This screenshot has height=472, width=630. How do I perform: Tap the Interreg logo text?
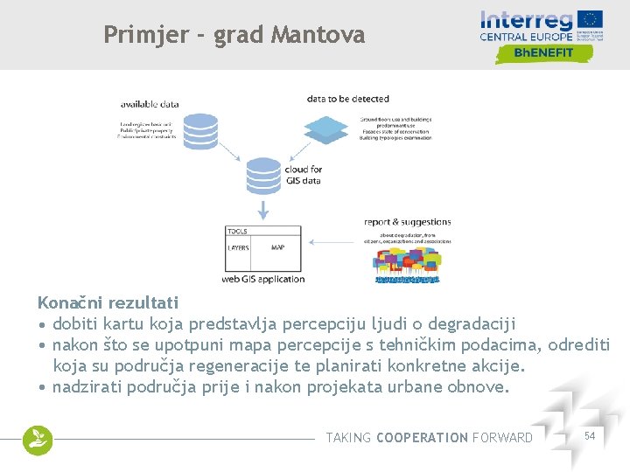pos(527,19)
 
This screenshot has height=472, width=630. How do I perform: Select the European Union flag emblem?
pos(591,19)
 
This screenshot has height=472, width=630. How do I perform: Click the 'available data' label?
pos(150,104)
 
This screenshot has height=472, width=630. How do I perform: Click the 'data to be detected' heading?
pos(347,99)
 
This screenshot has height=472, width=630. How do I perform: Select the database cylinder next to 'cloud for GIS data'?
pos(262,176)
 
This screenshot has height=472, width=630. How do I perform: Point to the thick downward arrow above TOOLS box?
pos(262,210)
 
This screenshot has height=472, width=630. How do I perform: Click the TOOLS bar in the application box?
pos(263,232)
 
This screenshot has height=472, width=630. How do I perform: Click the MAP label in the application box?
pos(277,248)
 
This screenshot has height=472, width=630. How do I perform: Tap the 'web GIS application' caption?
pos(263,280)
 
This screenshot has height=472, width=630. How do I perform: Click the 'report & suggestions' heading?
pos(408,223)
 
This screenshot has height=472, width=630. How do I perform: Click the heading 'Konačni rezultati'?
pos(108,303)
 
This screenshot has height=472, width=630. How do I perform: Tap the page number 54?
pos(589,435)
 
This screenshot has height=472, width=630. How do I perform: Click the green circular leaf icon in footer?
pos(38,440)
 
